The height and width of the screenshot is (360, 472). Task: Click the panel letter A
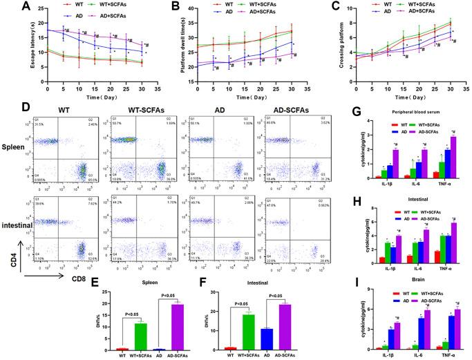8,7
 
